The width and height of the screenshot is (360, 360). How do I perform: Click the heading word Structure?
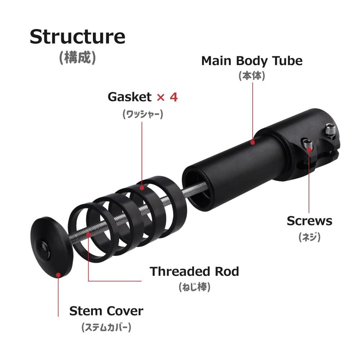78,37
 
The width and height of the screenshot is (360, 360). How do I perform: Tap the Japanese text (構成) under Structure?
78,57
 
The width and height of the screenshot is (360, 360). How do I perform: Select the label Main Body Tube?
252,61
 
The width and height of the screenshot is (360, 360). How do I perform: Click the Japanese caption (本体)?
252,76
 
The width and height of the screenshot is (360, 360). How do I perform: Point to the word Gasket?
130,97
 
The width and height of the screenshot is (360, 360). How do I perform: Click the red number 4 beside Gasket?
174,97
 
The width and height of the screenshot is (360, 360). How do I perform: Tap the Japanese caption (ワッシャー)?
143,114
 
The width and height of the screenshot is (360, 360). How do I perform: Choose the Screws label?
310,221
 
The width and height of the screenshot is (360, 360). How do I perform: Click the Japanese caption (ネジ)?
310,237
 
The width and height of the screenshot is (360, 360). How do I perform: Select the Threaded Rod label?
194,271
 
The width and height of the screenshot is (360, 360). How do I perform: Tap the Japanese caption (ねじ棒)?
194,287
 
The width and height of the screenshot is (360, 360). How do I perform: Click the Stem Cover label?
106,311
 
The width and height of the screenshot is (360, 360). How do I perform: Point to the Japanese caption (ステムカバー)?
106,327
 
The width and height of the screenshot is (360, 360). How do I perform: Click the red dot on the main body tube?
253,142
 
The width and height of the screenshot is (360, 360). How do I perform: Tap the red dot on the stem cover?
58,275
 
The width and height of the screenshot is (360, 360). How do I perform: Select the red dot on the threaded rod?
89,235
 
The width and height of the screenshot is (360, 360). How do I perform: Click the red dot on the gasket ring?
142,188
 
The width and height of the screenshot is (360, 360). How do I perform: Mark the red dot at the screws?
309,150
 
